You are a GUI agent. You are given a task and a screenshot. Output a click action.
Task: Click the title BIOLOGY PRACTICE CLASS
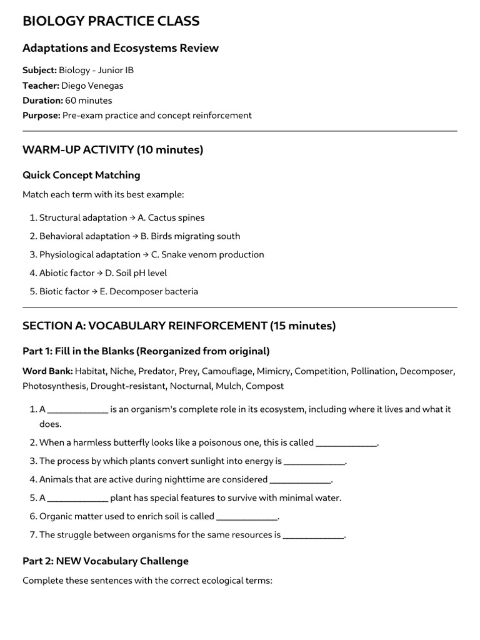(111, 21)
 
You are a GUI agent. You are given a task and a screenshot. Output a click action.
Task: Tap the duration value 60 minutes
(89, 100)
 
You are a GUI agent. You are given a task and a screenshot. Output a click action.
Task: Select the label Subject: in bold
(39, 70)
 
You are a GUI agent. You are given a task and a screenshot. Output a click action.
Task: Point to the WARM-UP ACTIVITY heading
(112, 150)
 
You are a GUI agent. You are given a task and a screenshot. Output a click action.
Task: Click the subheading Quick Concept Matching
(81, 175)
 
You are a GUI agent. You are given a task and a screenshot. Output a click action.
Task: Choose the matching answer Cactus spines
(176, 218)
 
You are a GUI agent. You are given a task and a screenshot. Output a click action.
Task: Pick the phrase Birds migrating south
(190, 236)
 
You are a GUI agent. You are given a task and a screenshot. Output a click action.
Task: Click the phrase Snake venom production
(207, 254)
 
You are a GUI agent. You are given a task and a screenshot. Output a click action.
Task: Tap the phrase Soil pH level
(141, 273)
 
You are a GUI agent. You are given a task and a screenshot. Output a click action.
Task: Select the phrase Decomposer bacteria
(149, 291)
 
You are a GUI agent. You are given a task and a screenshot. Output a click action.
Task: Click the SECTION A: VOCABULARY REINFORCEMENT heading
(179, 326)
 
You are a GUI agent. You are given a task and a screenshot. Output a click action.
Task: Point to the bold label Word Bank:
(47, 371)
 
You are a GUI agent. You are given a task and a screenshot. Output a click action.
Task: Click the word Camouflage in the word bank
(224, 371)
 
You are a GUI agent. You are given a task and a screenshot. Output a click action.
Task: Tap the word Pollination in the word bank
(373, 371)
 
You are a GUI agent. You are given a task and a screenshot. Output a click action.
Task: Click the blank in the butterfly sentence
(346, 443)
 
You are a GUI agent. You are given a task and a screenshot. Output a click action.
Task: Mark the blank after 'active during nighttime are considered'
(299, 480)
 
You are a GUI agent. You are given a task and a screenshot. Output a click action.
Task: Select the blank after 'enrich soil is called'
(246, 517)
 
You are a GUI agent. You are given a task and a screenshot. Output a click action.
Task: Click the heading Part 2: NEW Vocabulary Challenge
(105, 561)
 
